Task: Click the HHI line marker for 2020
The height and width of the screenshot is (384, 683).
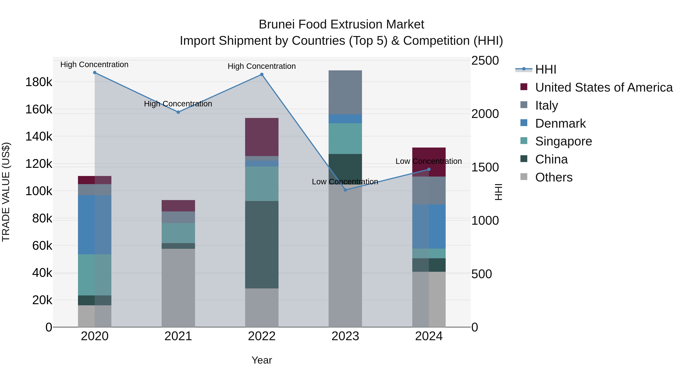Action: (95, 73)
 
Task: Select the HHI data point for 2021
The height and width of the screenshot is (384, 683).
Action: (178, 112)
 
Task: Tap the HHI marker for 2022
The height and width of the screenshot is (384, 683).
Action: (262, 75)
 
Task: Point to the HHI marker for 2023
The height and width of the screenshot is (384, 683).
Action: (345, 190)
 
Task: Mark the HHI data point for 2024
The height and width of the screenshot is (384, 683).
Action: (429, 169)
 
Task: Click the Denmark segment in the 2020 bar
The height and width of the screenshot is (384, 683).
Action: (95, 225)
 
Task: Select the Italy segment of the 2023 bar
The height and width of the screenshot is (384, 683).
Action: (345, 92)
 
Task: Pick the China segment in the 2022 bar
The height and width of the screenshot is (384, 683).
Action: (262, 245)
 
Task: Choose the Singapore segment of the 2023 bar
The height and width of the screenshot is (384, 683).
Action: (345, 139)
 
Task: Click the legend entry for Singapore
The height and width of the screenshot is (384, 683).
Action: (563, 141)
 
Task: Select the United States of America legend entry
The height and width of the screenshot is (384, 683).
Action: (604, 87)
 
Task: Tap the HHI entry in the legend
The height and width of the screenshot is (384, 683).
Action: (546, 69)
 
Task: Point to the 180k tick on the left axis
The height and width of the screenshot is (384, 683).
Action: (39, 82)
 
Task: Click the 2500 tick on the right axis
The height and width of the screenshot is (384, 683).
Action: (485, 60)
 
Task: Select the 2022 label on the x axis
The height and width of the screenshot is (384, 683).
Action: (262, 336)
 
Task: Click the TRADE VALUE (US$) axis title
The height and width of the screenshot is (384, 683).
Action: (6, 192)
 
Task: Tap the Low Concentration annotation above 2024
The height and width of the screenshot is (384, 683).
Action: (428, 161)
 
